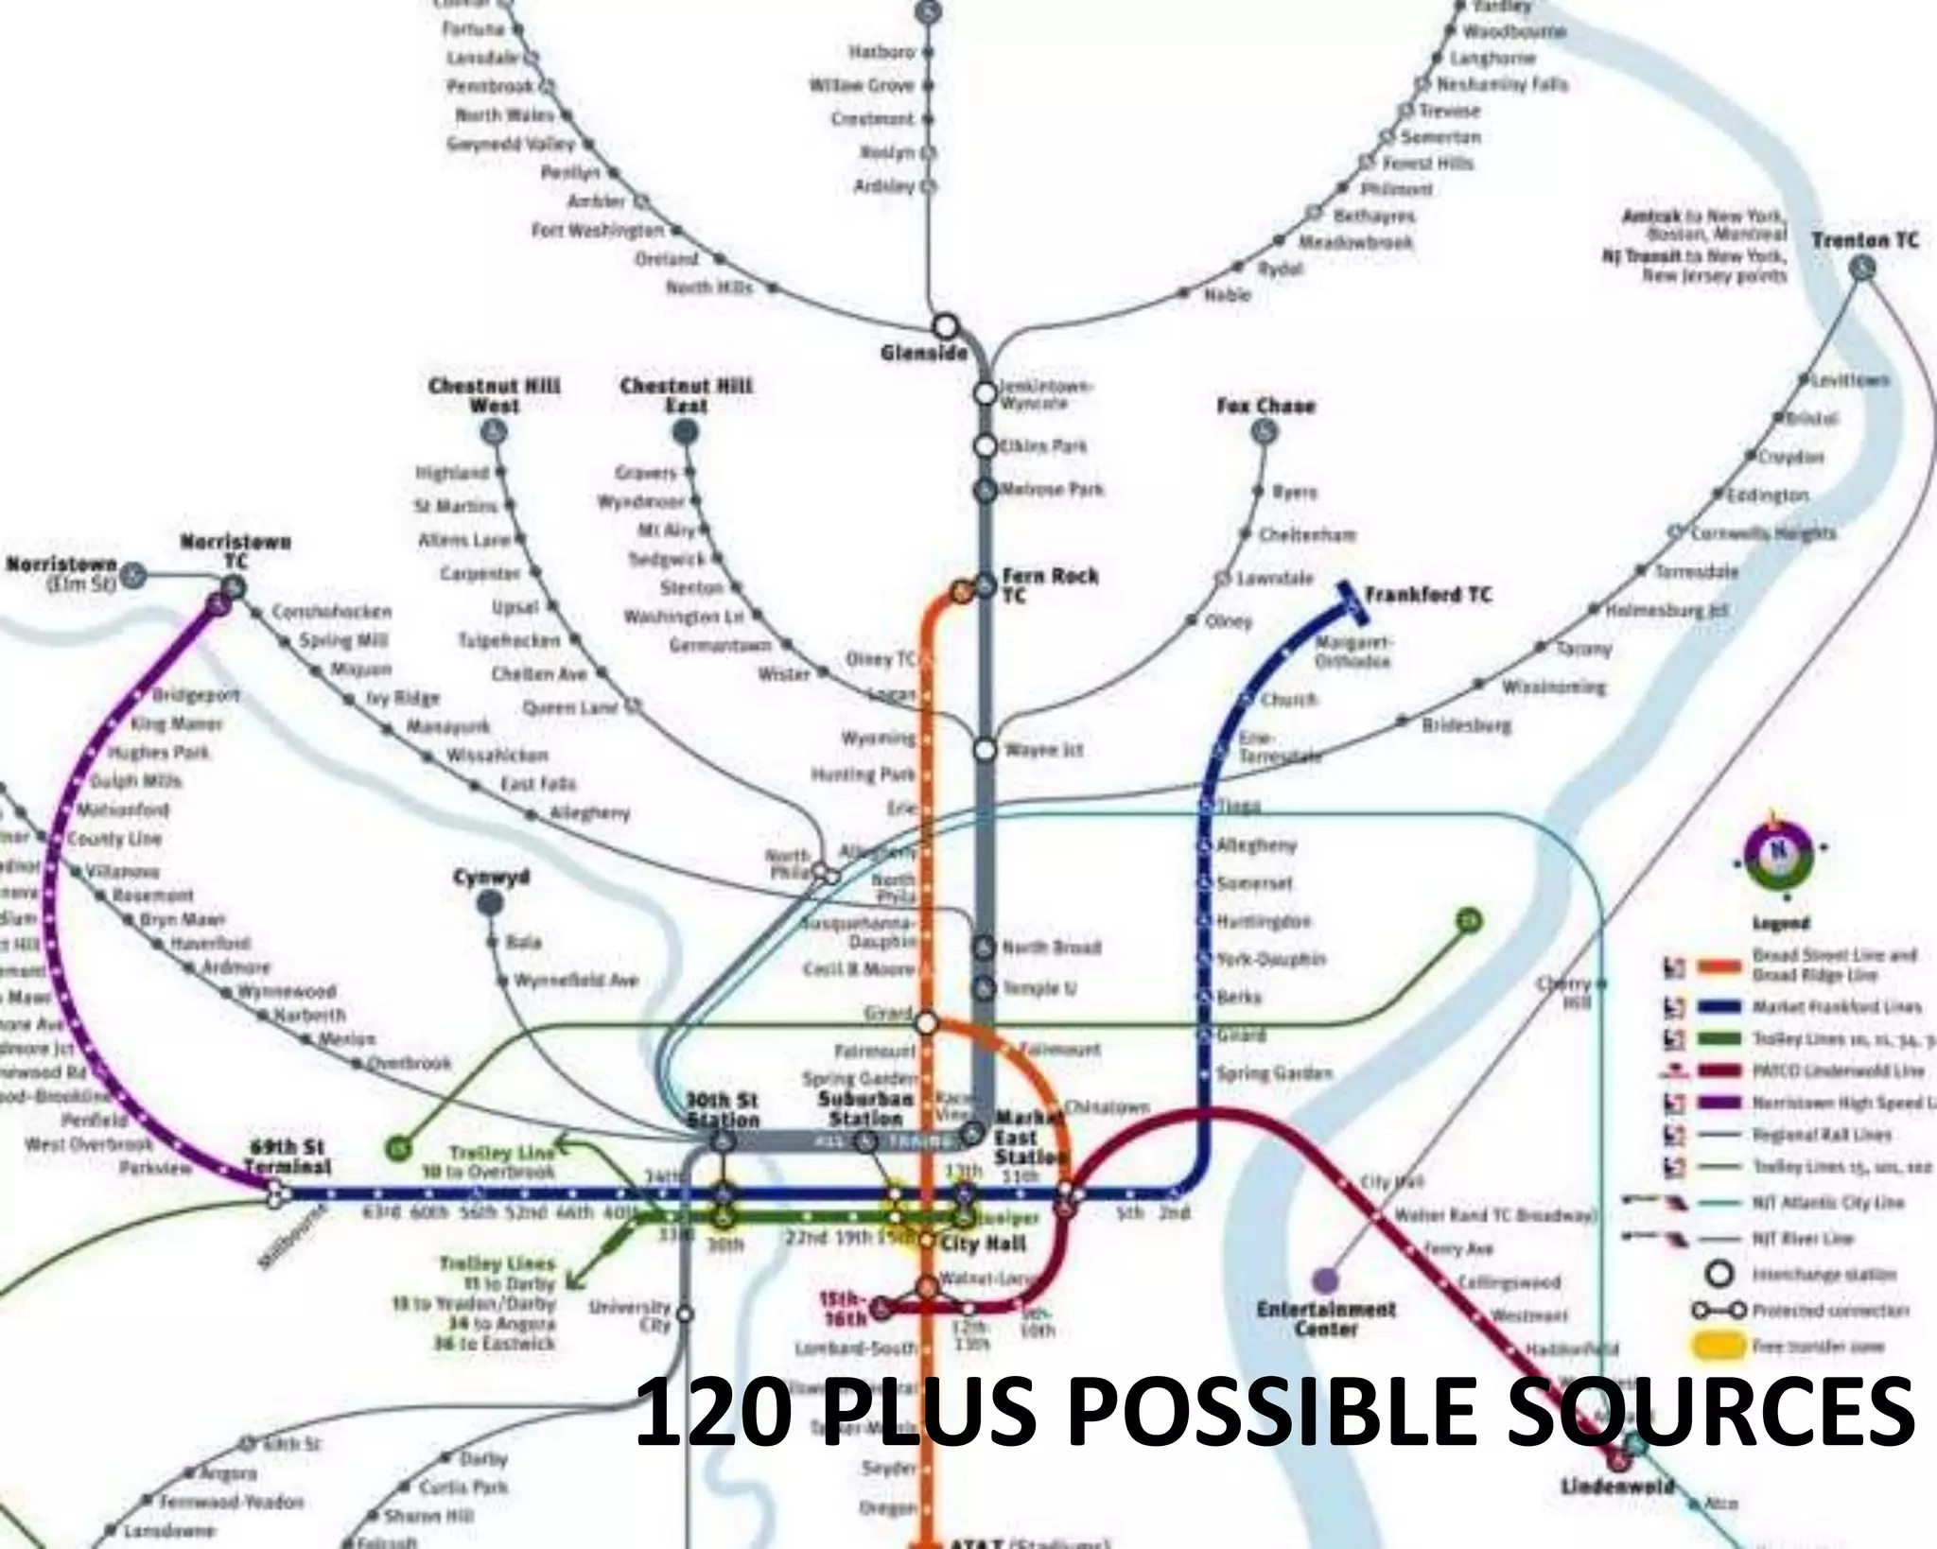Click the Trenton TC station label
pyautogui.click(x=1864, y=240)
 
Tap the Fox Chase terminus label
pyautogui.click(x=1265, y=406)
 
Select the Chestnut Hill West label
pyautogui.click(x=494, y=395)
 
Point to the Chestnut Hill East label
pyautogui.click(x=686, y=395)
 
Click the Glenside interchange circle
pyautogui.click(x=945, y=327)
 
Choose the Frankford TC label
pyautogui.click(x=1427, y=595)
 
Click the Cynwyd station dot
pyautogui.click(x=490, y=904)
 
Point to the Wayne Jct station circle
pyautogui.click(x=985, y=750)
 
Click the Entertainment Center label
pyautogui.click(x=1326, y=1319)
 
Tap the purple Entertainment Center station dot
pyautogui.click(x=1326, y=1281)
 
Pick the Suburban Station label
pyautogui.click(x=865, y=1108)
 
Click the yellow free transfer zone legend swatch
pyautogui.click(x=1717, y=1347)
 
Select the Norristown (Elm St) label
pyautogui.click(x=61, y=574)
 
